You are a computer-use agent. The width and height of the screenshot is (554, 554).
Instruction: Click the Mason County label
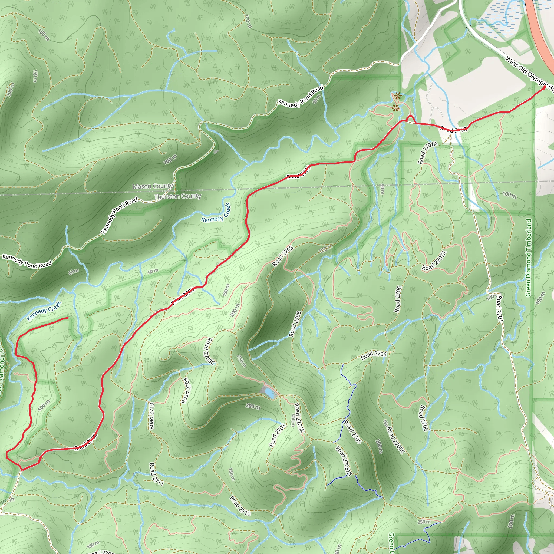click(152, 186)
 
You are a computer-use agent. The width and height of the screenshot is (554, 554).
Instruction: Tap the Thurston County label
click(177, 196)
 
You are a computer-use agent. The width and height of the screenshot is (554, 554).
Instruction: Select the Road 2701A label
click(427, 153)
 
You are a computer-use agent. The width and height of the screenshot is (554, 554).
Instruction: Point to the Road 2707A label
click(434, 260)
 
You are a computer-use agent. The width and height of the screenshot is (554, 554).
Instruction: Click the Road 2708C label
click(209, 351)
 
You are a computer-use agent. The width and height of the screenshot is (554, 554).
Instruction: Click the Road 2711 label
click(156, 474)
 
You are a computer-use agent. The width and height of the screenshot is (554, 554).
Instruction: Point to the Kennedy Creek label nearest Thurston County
click(216, 213)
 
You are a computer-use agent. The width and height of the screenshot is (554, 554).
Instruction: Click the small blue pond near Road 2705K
click(269, 392)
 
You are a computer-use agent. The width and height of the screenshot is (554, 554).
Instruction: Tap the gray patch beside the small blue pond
click(263, 390)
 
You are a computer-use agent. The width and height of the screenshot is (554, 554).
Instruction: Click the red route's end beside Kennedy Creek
click(68, 318)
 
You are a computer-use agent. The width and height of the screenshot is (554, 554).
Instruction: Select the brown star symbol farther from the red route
click(397, 96)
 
